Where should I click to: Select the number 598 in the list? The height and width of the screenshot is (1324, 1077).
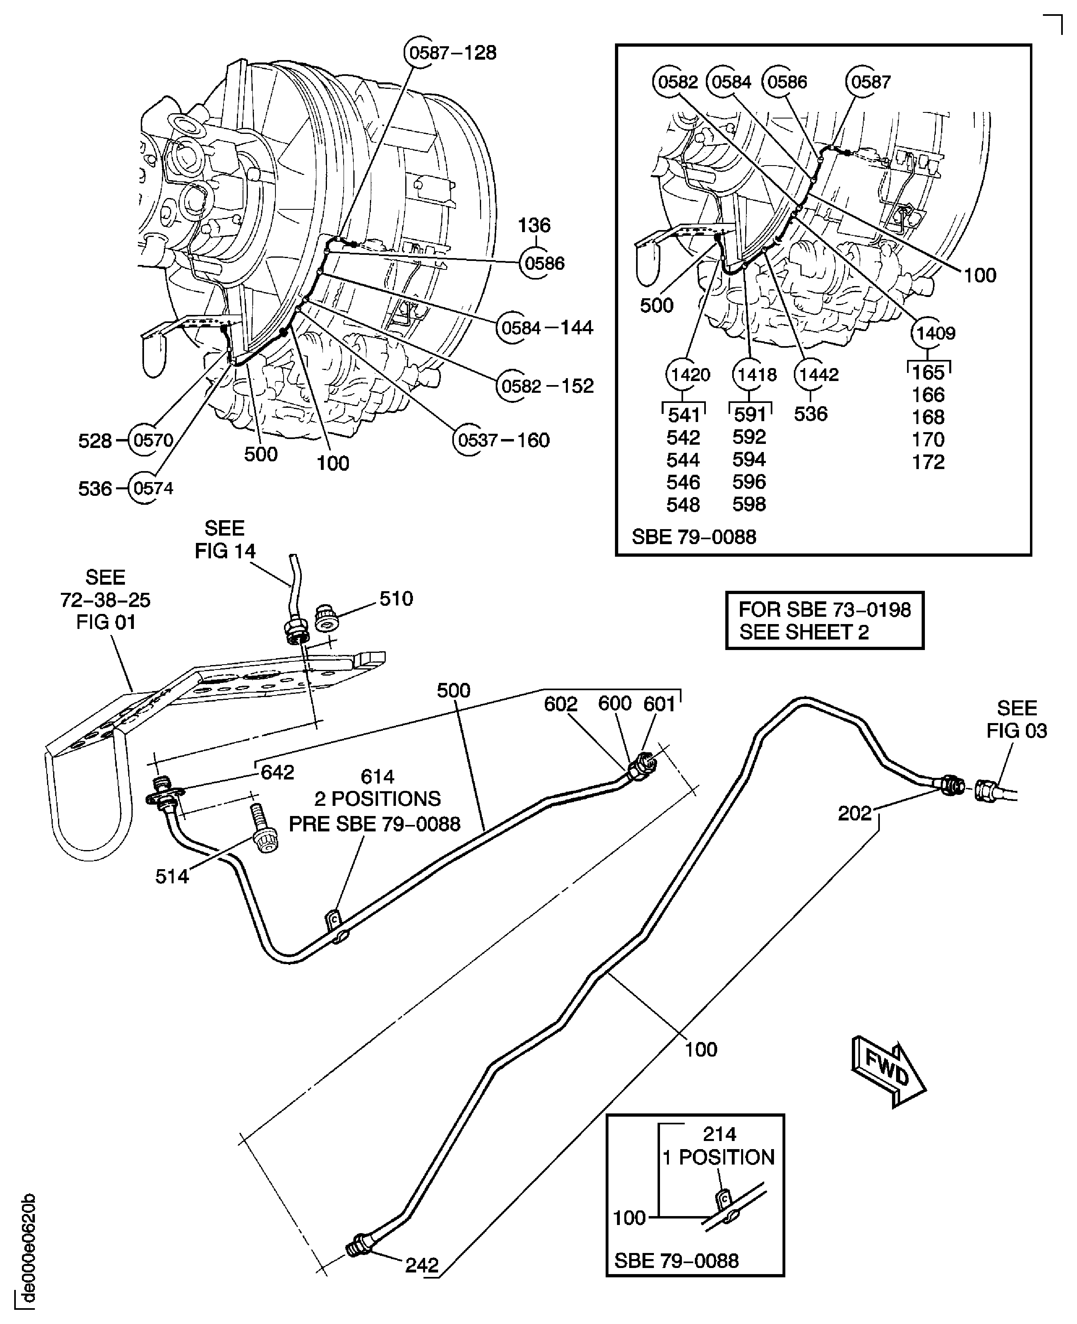coord(749,504)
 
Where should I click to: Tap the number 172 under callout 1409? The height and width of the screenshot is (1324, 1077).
coord(928,462)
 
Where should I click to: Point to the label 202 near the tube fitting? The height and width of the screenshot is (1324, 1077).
coord(854,814)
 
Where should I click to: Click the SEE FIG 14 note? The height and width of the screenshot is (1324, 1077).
coord(225,539)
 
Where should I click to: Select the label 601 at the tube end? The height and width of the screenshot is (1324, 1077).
coord(659,704)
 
